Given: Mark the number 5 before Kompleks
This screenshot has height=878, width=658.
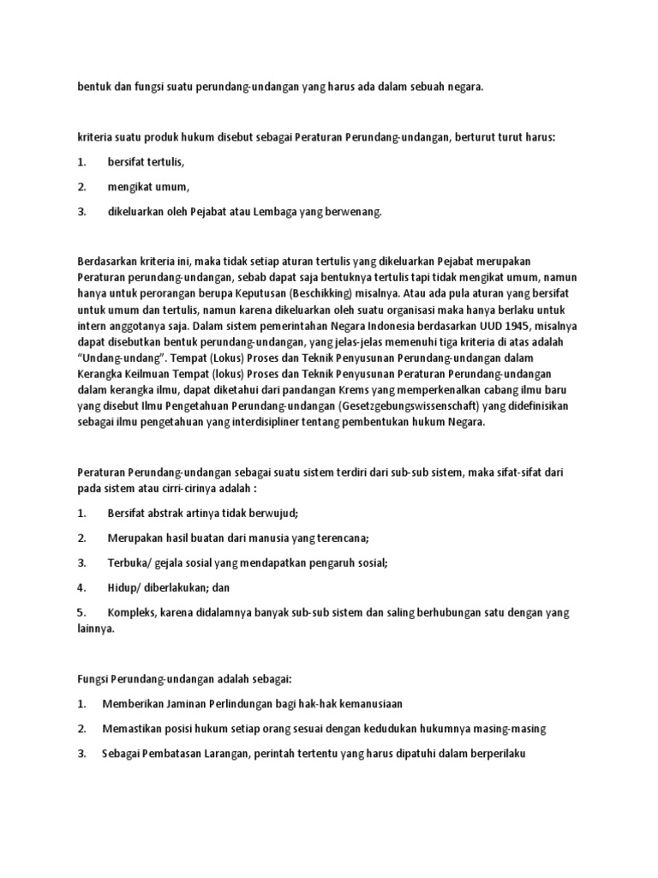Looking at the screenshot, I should click(81, 612).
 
